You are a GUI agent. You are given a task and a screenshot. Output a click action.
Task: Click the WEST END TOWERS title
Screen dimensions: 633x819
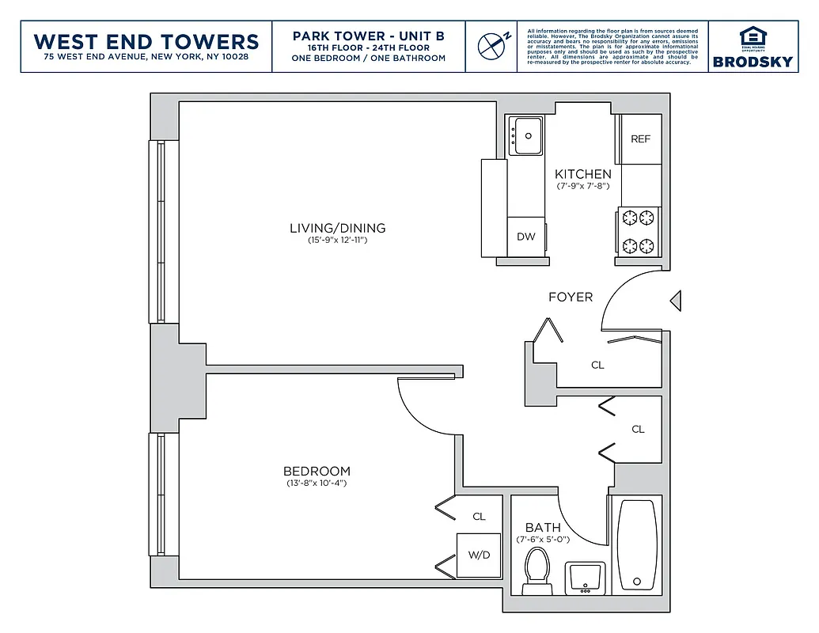coord(146,41)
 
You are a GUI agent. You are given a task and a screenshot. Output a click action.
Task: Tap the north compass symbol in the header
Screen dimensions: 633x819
coord(491,45)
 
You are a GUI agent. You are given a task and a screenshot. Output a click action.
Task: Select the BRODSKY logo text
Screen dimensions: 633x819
coord(753,61)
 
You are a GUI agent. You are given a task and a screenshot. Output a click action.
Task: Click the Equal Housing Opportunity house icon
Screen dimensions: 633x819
coord(753,37)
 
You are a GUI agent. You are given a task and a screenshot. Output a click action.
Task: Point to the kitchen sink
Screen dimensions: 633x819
coord(525,136)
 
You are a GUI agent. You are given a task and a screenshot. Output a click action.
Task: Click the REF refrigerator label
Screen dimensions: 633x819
coord(640,139)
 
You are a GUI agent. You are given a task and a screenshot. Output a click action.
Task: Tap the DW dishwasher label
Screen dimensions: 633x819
coord(525,237)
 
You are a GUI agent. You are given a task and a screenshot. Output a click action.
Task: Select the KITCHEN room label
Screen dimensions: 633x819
coord(582,174)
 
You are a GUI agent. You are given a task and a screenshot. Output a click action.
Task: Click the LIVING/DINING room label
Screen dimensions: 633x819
coord(337,228)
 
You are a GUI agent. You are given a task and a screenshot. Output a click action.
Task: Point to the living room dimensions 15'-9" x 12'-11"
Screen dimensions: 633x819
coord(337,240)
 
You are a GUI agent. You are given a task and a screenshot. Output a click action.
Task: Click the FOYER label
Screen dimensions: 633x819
coord(571,298)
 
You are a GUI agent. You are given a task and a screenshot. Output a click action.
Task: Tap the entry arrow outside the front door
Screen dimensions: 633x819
coord(675,301)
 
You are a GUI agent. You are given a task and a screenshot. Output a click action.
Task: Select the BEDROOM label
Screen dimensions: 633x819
coord(317,471)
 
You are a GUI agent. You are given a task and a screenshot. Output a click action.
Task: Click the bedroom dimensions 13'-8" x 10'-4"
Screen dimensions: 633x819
coord(317,483)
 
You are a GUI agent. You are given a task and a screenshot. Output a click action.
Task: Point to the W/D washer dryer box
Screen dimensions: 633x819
coord(479,555)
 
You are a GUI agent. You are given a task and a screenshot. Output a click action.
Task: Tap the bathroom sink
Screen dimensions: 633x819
coord(586,576)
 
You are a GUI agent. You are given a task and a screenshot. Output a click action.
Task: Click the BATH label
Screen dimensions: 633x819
coord(543,527)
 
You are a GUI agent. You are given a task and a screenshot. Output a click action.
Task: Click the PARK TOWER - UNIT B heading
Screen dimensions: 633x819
coord(368,36)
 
